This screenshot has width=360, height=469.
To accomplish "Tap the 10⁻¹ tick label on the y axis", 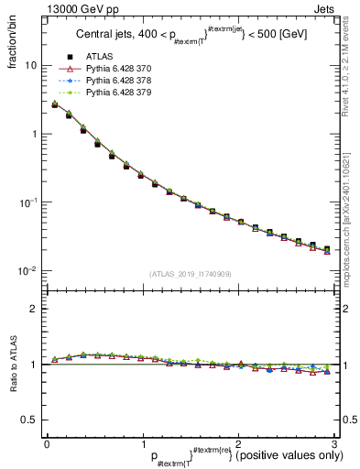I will pyautogui.click(x=30, y=202).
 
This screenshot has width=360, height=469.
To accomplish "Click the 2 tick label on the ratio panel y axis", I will pyautogui.click(x=34, y=309).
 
